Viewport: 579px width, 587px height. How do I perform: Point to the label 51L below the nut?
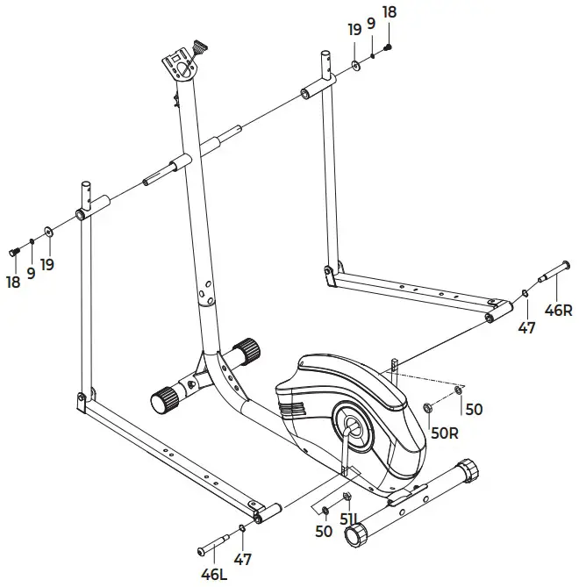tap(349, 529)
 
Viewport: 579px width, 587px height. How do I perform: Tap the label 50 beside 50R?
tap(474, 409)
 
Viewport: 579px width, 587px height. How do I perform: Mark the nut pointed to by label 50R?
tap(427, 408)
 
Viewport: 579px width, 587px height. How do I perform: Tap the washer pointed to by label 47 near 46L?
tap(242, 529)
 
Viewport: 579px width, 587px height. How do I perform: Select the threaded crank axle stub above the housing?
tap(395, 366)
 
